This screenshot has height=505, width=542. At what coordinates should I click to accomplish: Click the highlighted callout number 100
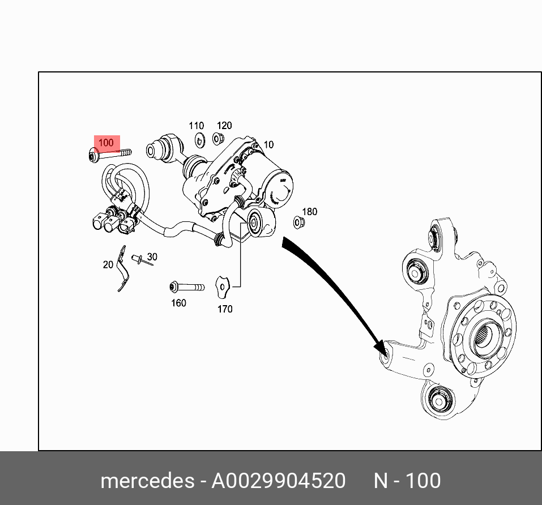point(106,143)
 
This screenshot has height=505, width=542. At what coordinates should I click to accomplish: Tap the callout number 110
point(196,126)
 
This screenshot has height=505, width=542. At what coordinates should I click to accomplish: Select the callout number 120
point(224,126)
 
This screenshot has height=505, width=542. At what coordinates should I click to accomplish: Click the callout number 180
point(309,212)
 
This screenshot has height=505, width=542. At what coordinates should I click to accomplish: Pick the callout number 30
point(151,256)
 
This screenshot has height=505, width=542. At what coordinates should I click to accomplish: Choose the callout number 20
point(108,264)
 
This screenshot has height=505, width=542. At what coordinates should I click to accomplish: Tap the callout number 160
point(178,303)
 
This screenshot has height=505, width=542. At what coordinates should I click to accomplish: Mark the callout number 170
point(225,309)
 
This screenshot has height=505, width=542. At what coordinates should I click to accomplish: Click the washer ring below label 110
point(199,139)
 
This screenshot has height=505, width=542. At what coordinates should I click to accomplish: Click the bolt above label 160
point(186,287)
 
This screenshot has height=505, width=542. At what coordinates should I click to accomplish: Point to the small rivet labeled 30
point(138,259)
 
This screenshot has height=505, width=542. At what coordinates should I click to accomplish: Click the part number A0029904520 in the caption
point(278,481)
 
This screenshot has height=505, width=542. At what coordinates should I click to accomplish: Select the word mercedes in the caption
point(147,481)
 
